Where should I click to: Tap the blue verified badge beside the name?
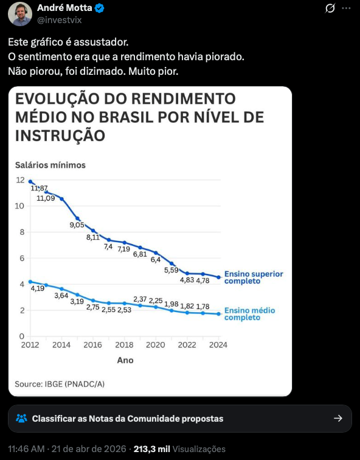(x=100, y=8)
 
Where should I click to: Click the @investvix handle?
(x=60, y=20)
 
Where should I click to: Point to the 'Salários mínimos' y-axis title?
(x=50, y=165)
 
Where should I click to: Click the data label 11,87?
(x=40, y=189)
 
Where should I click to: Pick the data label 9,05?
(x=77, y=225)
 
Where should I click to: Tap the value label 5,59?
(x=172, y=270)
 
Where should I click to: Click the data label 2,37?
(x=140, y=299)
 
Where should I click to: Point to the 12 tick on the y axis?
(x=20, y=180)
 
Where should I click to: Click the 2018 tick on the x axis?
(x=124, y=345)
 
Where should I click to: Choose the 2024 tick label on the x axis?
(x=218, y=345)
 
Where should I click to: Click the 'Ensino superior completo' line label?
(x=253, y=277)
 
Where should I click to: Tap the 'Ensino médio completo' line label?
(x=249, y=314)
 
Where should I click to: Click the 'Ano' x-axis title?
(x=125, y=360)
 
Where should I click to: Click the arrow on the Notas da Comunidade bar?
(x=338, y=419)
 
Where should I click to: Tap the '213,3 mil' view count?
(x=151, y=449)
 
